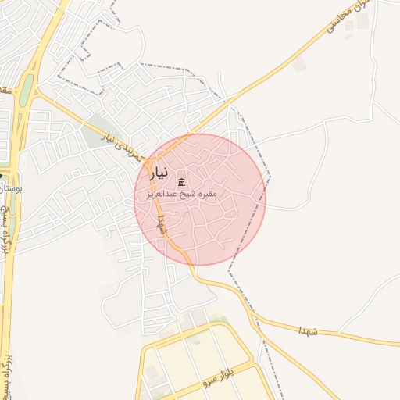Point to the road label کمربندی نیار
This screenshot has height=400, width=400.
[x=125, y=143]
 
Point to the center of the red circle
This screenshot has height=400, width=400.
[x=200, y=199]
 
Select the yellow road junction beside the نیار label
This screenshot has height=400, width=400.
[x=147, y=162]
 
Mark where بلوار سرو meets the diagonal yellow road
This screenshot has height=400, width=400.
[x=257, y=362]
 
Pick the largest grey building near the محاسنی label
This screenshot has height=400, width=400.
[x=348, y=24]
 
